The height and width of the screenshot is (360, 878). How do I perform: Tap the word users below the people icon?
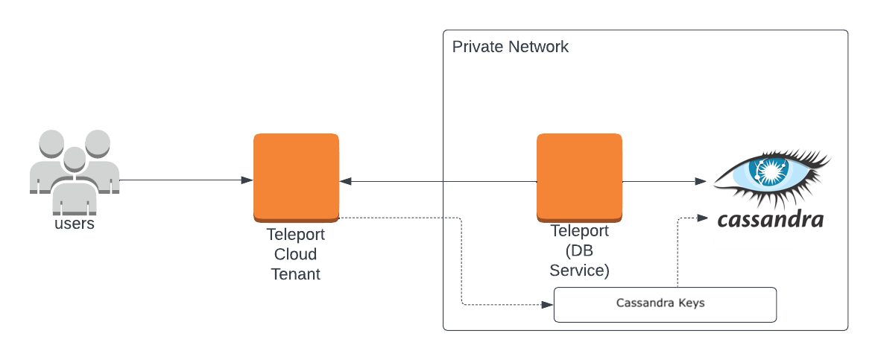[75, 224]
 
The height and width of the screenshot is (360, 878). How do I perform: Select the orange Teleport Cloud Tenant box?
[296, 177]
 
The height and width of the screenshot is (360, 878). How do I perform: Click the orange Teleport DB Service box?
[579, 177]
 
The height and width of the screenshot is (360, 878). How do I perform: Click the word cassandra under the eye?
[770, 220]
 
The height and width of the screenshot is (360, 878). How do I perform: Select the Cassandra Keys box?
[665, 305]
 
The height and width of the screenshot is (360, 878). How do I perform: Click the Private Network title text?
[510, 47]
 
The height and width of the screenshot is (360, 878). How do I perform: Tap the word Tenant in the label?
[296, 274]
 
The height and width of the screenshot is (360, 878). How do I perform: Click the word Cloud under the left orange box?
[296, 254]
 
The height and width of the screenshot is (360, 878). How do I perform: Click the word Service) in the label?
[579, 270]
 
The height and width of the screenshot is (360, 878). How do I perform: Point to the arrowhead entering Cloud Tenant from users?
[247, 180]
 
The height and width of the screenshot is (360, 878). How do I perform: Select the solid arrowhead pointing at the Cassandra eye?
[701, 181]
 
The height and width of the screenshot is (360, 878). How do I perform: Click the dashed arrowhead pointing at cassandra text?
[701, 218]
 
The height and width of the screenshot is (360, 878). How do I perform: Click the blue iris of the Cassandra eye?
[768, 172]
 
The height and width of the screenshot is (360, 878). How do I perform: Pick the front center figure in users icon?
[73, 179]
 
